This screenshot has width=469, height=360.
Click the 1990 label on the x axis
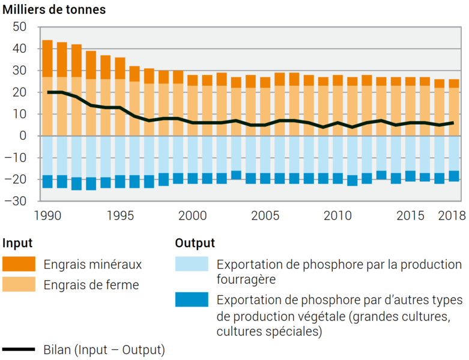pos(47,215)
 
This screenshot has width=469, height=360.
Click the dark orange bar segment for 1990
pos(47,58)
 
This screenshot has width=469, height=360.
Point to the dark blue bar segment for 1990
pos(47,181)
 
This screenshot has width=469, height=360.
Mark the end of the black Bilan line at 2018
pos(454,122)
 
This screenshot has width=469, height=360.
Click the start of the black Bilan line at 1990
pos(47,92)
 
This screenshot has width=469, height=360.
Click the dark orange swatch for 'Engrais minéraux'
pos(19,264)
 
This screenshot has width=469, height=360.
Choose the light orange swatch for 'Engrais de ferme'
pos(19,285)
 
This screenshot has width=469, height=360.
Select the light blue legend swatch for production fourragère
pos(192,264)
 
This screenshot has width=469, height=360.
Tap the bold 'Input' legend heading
pos(17,244)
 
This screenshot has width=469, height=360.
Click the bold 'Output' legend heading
pos(195,244)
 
